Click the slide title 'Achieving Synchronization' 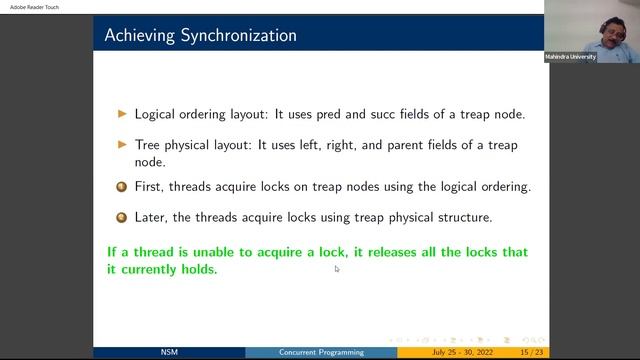pyautogui.click(x=200, y=36)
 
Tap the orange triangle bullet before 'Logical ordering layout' pyautogui.click(x=123, y=114)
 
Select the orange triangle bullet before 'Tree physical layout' pyautogui.click(x=123, y=145)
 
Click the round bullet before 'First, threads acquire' pyautogui.click(x=122, y=187)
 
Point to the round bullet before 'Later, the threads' pyautogui.click(x=122, y=217)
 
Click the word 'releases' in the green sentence pyautogui.click(x=387, y=252)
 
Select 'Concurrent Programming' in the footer pyautogui.click(x=321, y=352)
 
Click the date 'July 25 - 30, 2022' pyautogui.click(x=459, y=352)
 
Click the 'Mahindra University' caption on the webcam pyautogui.click(x=571, y=57)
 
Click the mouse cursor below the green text pyautogui.click(x=337, y=268)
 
